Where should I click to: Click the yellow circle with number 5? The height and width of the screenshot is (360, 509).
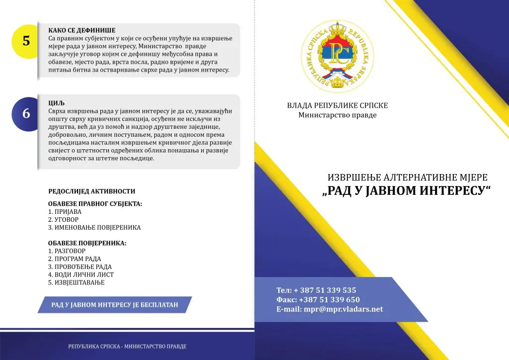tap(26, 41)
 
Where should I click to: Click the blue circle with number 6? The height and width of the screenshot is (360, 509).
tap(26, 113)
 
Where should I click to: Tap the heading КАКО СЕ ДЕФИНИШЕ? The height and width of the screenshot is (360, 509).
tap(82, 30)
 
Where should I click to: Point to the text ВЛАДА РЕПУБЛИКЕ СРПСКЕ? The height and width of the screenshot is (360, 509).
tap(338, 105)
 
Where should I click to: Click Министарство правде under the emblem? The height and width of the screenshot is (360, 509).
tap(338, 115)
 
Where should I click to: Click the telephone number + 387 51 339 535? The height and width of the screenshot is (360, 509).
tap(325, 290)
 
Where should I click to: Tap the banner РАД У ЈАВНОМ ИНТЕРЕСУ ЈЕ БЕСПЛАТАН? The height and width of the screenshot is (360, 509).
tap(114, 304)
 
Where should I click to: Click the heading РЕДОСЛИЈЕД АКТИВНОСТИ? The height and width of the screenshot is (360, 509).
tap(91, 191)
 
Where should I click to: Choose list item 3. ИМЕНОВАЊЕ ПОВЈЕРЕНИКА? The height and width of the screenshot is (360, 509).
tap(94, 228)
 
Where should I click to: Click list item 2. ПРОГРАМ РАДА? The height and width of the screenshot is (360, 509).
tap(75, 259)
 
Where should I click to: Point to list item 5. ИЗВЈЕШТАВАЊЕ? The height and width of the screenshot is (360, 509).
tap(77, 282)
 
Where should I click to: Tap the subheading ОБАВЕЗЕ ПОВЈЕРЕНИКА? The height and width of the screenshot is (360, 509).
tap(87, 243)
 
